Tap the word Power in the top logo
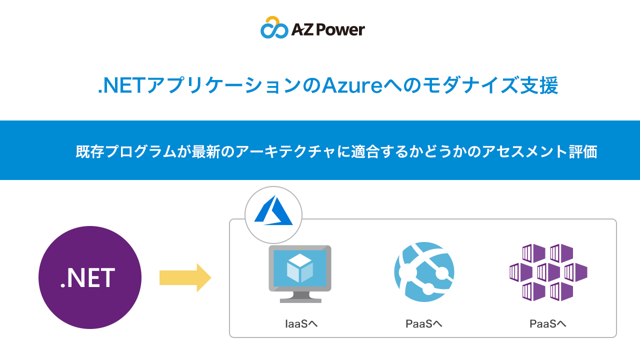(x=342, y=30)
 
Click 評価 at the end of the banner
(x=584, y=151)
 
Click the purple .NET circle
(x=90, y=277)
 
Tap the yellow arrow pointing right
(x=185, y=277)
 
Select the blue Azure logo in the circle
(x=273, y=210)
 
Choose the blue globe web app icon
(x=424, y=271)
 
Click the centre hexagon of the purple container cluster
(x=548, y=272)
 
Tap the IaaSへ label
(x=301, y=324)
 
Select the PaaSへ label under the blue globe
(x=423, y=324)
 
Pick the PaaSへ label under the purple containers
(x=547, y=324)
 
